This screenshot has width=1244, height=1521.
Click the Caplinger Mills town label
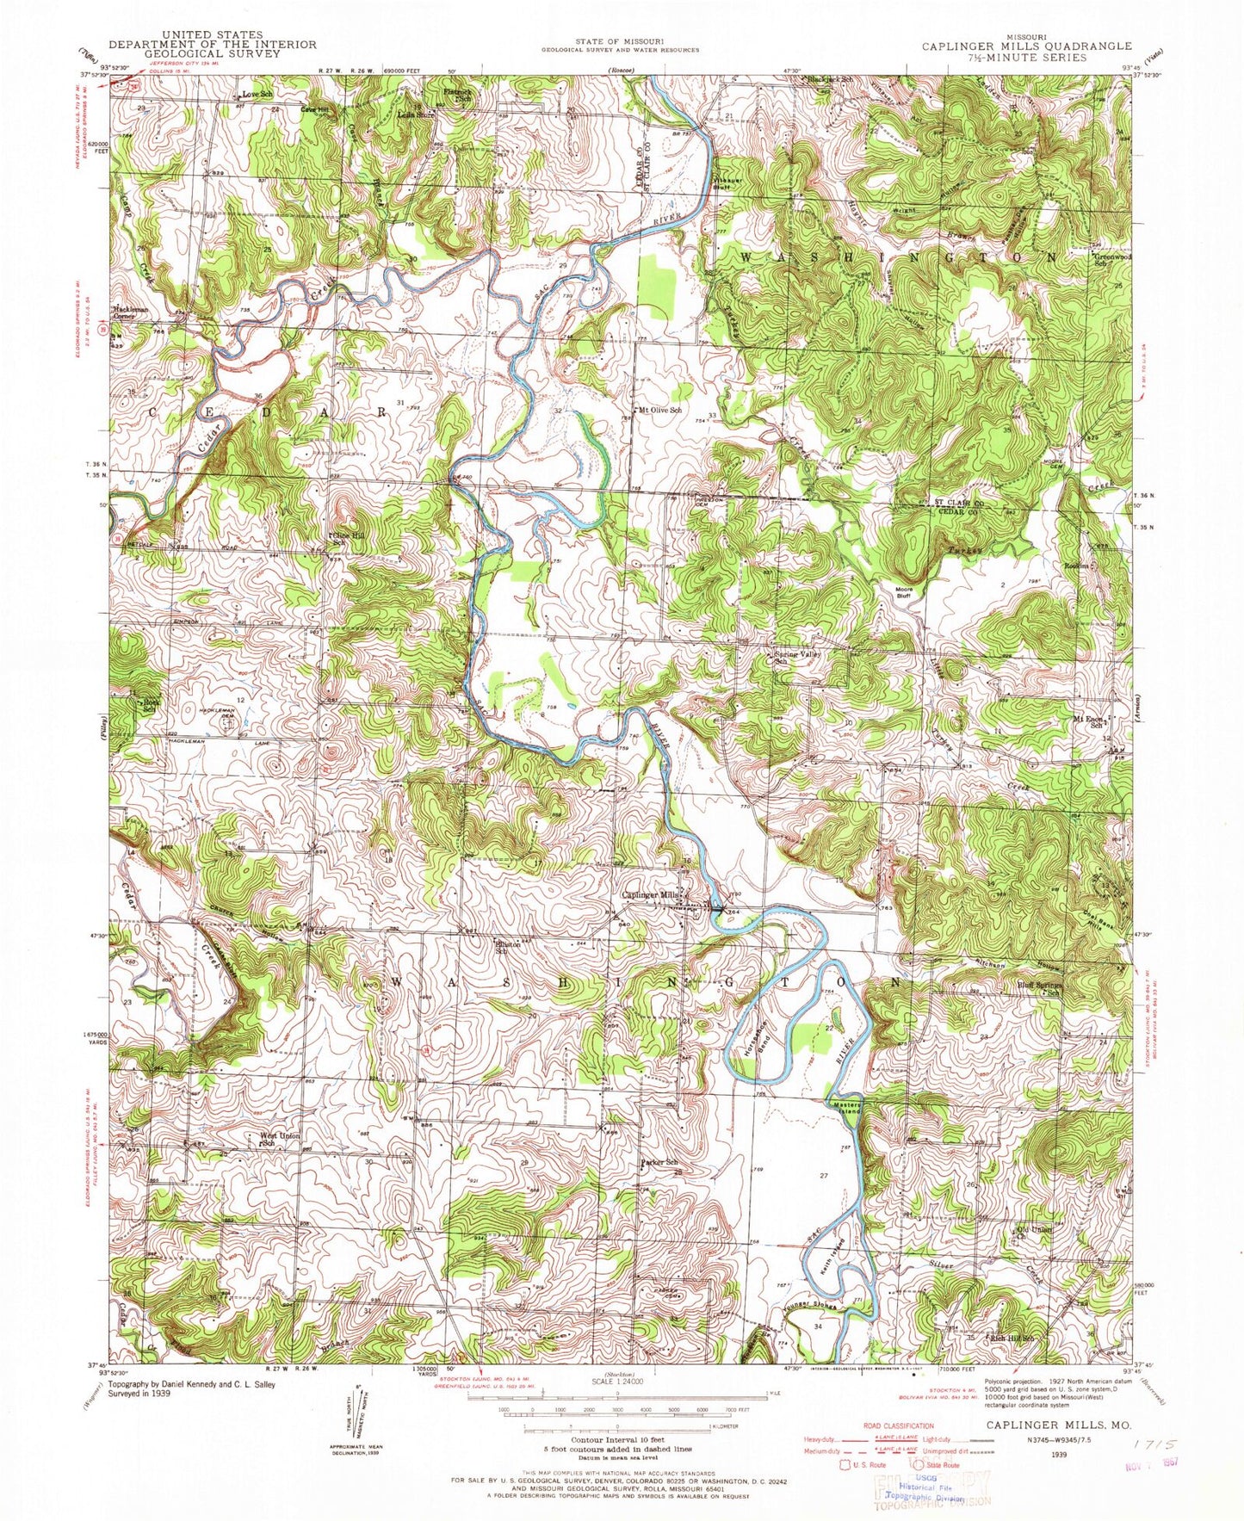click(x=653, y=895)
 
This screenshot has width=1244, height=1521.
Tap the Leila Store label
click(x=416, y=114)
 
